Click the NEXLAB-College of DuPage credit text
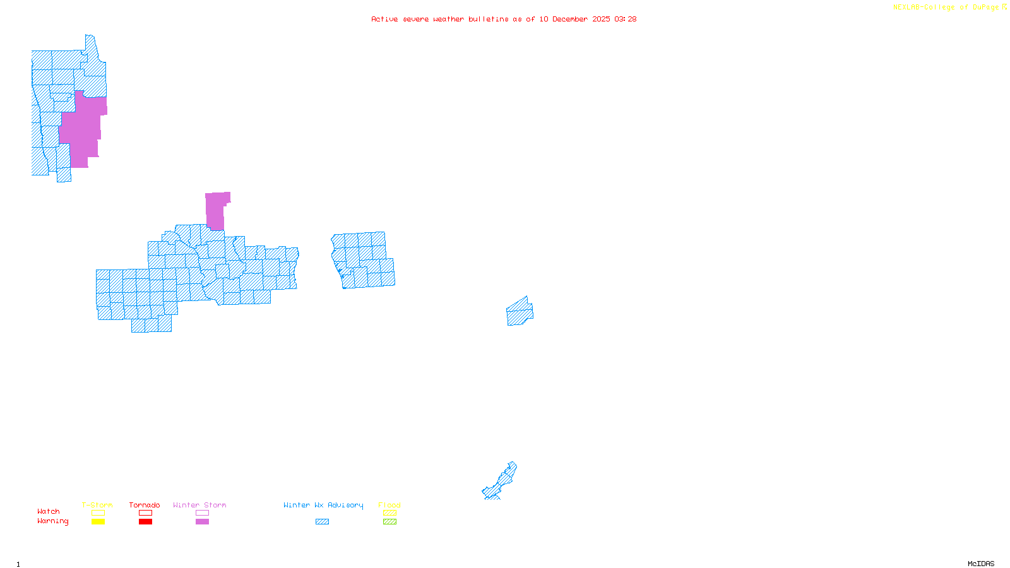click(949, 8)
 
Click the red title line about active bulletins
click(504, 19)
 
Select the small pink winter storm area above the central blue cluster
click(215, 211)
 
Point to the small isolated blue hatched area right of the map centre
click(520, 312)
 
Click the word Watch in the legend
click(49, 512)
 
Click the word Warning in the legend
click(53, 521)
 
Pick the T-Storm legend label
click(97, 505)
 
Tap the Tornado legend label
click(145, 505)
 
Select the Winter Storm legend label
click(199, 505)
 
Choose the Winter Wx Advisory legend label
click(323, 505)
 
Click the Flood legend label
click(389, 505)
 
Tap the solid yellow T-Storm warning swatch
click(98, 522)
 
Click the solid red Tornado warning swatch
click(145, 522)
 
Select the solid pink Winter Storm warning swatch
click(202, 522)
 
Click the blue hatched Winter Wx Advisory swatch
click(322, 522)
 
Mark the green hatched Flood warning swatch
click(389, 522)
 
